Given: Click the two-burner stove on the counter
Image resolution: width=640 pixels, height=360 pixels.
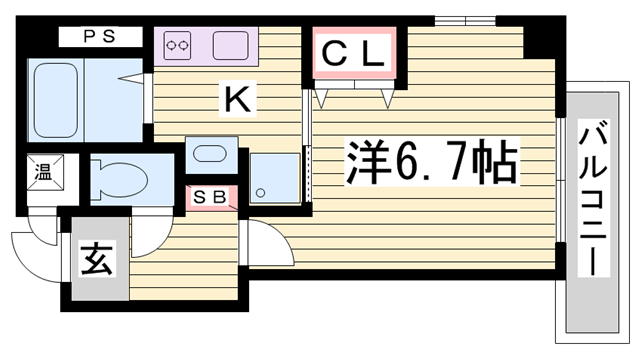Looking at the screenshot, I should [x=178, y=46].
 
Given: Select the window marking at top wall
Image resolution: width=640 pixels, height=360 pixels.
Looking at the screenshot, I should [x=464, y=20].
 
